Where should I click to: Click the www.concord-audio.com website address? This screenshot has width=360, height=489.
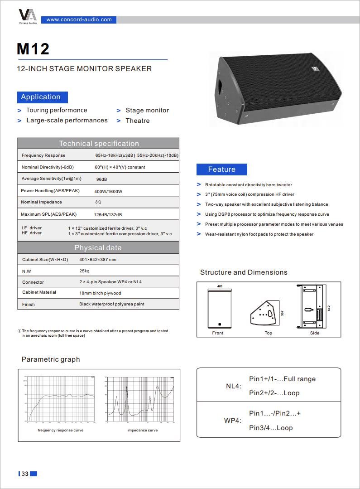pos(79,19)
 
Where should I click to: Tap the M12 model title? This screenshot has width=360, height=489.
pos(33,49)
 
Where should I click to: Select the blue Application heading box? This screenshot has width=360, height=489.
pos(43,97)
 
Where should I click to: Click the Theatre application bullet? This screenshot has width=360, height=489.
pos(137,121)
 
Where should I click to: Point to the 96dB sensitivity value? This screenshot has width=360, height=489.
pos(101,179)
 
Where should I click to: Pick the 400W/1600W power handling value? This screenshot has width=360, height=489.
pos(108,191)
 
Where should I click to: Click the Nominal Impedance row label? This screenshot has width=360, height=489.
pos(41,202)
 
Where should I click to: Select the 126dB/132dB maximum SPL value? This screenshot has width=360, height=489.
pos(108,214)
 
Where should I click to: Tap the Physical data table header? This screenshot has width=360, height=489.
pos(98,248)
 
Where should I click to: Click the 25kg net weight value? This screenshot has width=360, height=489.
pos(84,271)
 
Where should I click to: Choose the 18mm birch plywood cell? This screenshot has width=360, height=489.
pos(100,293)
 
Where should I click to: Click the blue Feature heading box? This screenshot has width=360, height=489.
pos(222,169)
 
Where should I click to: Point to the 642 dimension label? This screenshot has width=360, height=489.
pos(329,308)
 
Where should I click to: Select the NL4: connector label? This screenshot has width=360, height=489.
pos(234,386)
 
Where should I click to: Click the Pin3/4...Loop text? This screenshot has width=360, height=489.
pos(271,428)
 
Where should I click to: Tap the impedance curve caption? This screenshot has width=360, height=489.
pos(143,430)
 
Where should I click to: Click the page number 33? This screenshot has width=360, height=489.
pos(25,474)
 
